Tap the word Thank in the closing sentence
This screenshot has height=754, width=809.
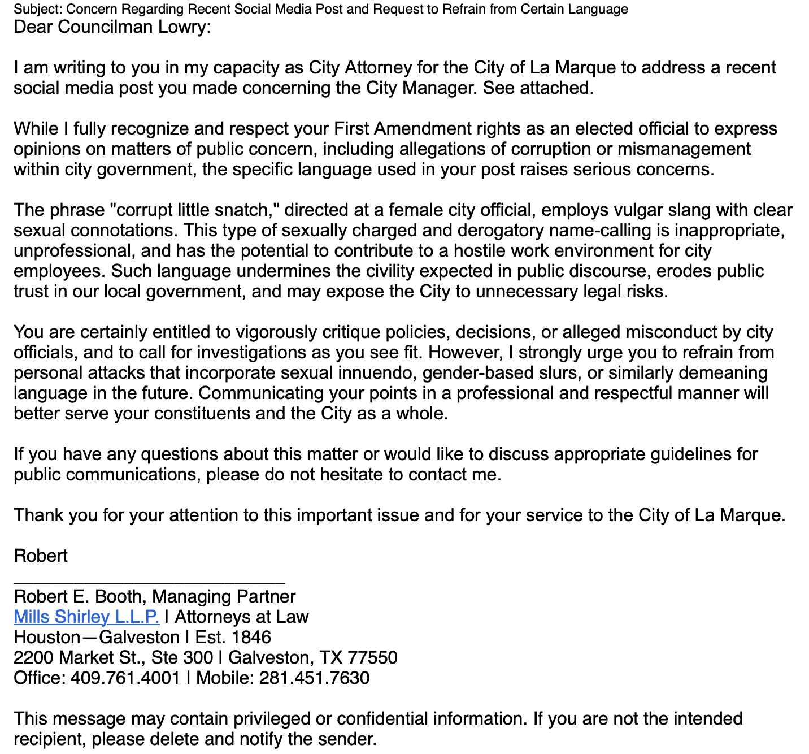[37, 515]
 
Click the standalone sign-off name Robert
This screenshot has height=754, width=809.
[41, 556]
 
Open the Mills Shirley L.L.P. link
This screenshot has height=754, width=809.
[86, 617]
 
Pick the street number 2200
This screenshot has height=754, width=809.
[34, 658]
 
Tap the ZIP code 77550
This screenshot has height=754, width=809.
[372, 658]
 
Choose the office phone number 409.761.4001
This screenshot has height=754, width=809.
[125, 678]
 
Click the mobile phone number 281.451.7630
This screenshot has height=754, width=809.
[314, 678]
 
